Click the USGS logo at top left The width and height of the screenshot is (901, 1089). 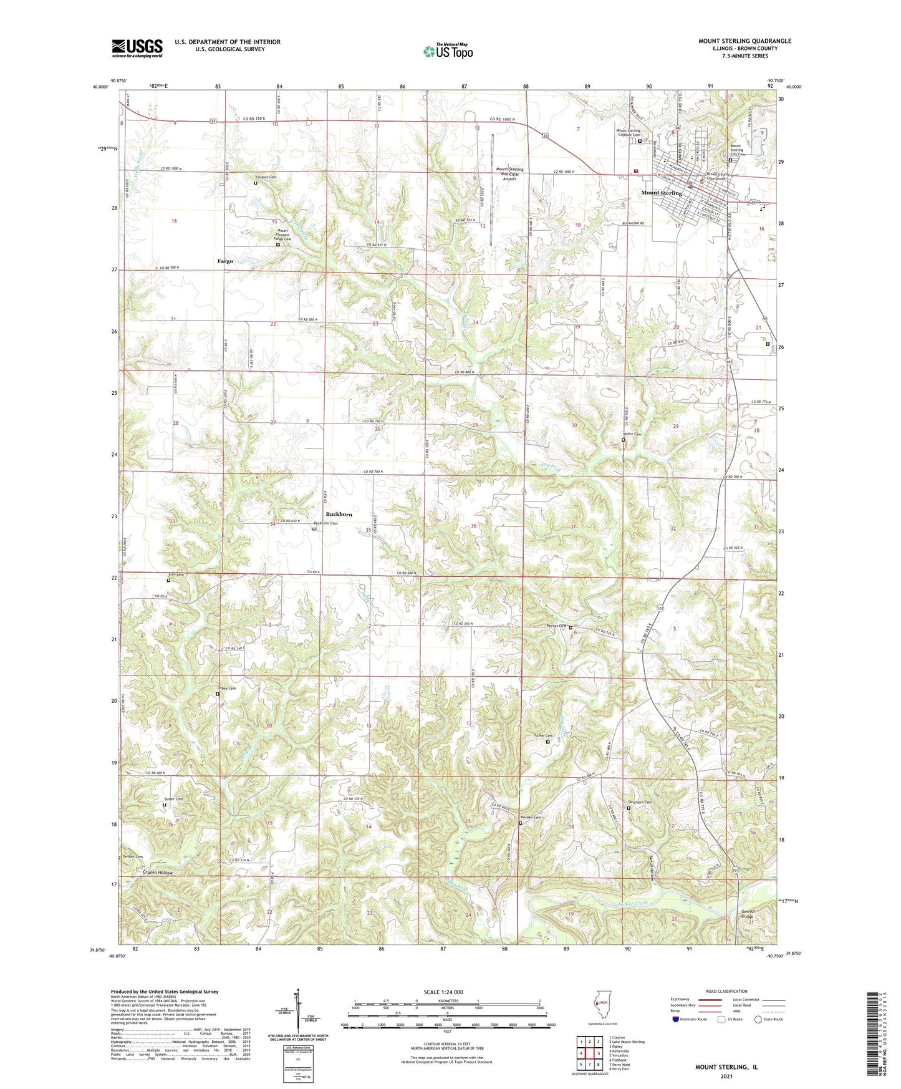point(137,48)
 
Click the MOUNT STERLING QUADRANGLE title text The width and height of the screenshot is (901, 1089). point(744,41)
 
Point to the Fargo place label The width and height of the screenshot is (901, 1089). point(225,261)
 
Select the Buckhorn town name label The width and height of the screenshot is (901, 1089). point(339,515)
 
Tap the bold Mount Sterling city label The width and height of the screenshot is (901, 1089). point(662,193)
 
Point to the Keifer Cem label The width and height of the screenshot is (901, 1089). point(632,434)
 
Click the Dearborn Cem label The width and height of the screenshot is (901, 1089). point(639,802)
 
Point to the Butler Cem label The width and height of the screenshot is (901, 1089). point(173,799)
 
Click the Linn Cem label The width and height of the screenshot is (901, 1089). point(176,574)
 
